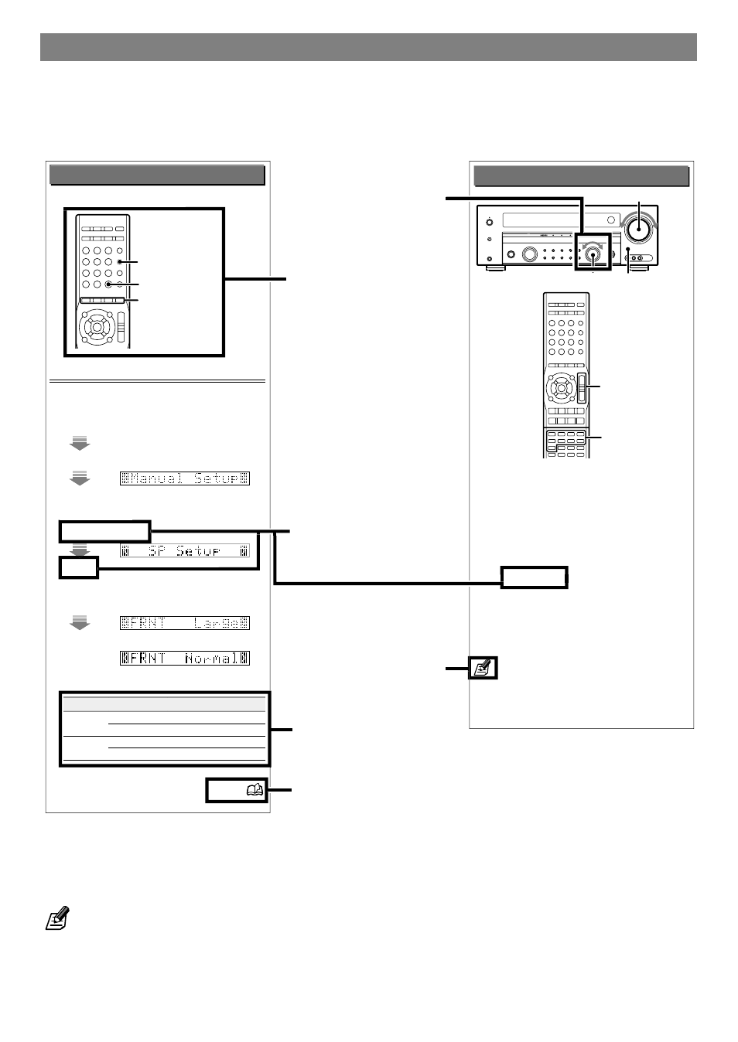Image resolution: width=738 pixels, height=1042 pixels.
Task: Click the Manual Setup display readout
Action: click(x=185, y=478)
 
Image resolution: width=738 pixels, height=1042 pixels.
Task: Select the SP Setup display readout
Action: click(x=185, y=551)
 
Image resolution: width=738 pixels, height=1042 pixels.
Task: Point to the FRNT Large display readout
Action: click(x=185, y=623)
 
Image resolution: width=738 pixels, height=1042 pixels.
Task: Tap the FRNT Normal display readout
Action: click(x=185, y=659)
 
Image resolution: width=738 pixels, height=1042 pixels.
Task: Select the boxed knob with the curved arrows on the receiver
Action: click(x=593, y=253)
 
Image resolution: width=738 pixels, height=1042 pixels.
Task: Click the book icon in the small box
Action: click(x=255, y=790)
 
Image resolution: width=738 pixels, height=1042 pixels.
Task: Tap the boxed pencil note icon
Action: click(x=483, y=668)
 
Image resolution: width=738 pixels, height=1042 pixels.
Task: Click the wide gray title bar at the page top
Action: click(x=368, y=47)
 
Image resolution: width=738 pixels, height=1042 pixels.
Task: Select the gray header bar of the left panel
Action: click(x=157, y=175)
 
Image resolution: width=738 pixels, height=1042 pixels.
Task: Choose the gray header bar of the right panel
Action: click(x=581, y=176)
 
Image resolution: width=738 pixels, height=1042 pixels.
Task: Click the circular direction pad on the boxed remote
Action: click(x=97, y=327)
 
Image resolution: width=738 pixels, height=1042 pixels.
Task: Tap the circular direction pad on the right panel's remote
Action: click(x=561, y=387)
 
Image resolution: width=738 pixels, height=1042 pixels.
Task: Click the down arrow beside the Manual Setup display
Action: click(x=80, y=478)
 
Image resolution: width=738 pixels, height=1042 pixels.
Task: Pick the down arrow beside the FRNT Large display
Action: click(x=80, y=622)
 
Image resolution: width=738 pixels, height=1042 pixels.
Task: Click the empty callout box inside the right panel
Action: click(x=534, y=577)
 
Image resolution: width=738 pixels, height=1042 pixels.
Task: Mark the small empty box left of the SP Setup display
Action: click(x=79, y=567)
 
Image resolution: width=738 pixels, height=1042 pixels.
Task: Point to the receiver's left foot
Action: click(x=495, y=268)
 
